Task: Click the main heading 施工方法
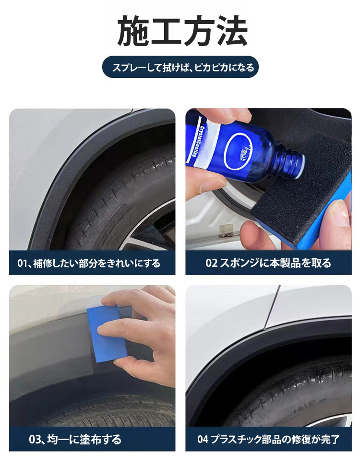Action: [182, 31]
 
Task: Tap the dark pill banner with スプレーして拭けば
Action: [180, 67]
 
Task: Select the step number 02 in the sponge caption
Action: [211, 263]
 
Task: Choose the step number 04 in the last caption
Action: [203, 439]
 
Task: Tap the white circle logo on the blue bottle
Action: [239, 151]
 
